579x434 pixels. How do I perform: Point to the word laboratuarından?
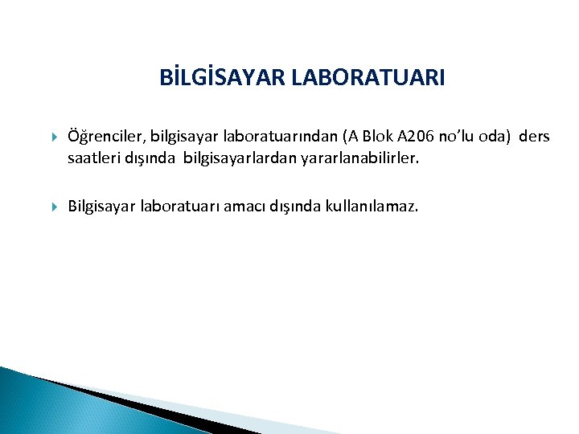(x=265, y=137)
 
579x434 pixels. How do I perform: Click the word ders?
(x=534, y=137)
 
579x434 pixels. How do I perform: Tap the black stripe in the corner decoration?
(x=121, y=401)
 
